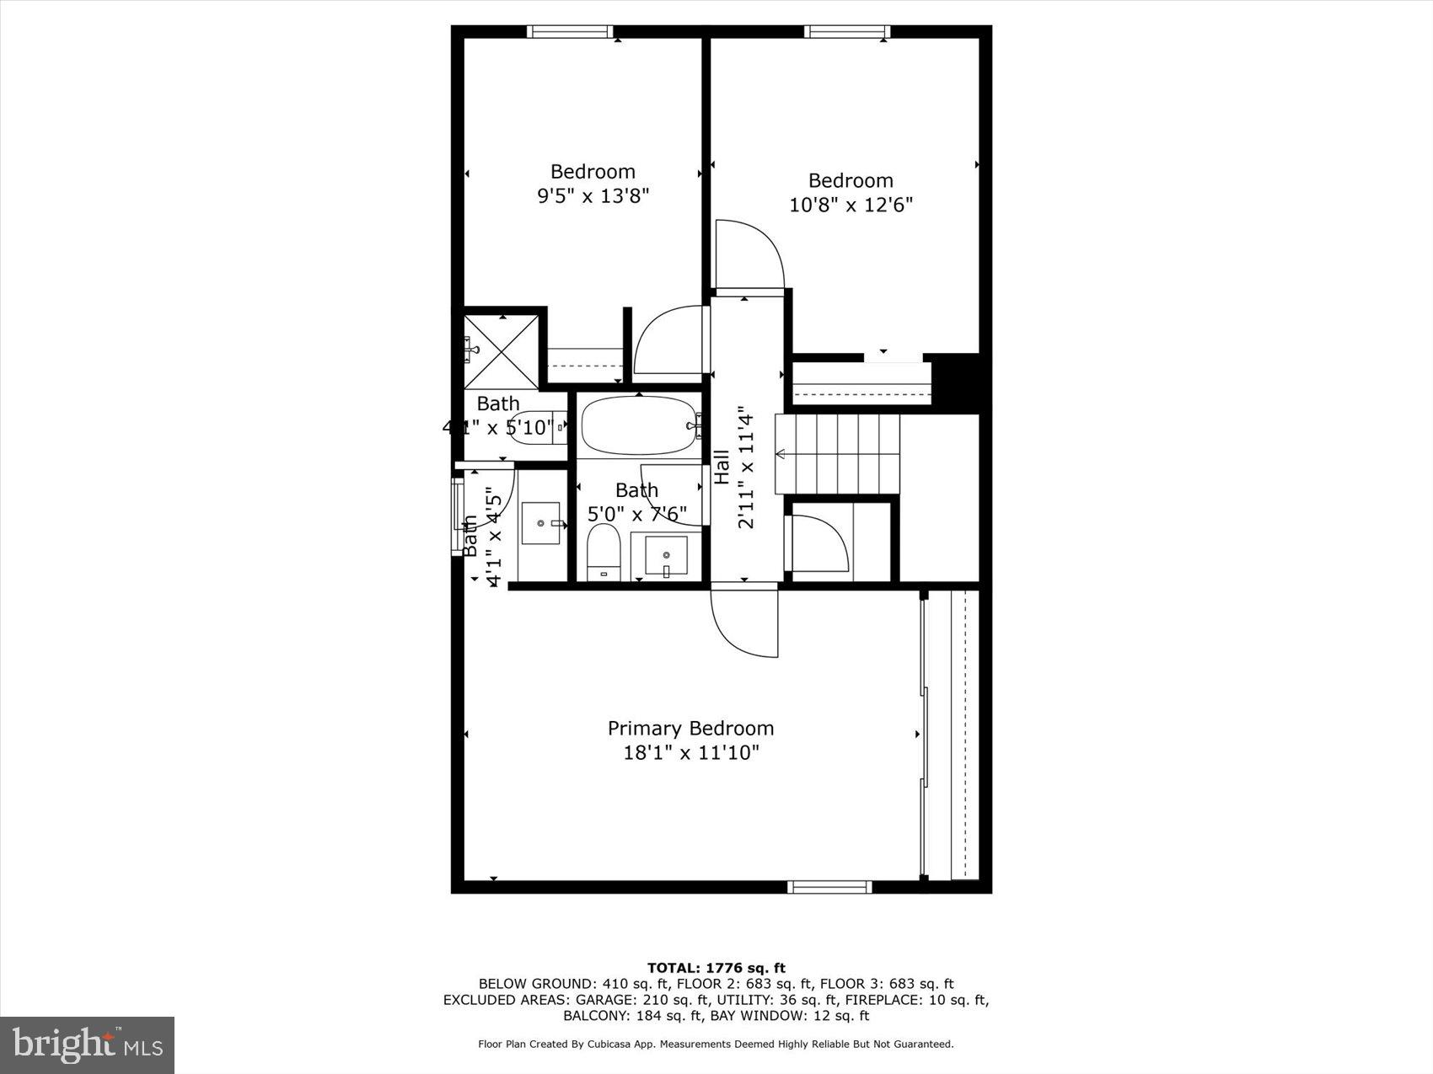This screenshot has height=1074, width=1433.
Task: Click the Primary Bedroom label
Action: pos(690,728)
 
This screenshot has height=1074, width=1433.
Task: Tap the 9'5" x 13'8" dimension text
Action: pos(593,196)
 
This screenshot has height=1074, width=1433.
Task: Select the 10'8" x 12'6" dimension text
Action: pos(851,205)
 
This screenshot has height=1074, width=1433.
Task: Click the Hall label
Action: pos(722,468)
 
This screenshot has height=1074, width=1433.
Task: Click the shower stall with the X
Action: pos(502,350)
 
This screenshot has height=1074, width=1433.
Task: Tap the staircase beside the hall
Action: pos(837,454)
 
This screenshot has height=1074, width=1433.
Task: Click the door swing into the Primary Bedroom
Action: pos(742,623)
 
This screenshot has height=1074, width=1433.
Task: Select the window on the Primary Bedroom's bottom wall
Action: pos(829,886)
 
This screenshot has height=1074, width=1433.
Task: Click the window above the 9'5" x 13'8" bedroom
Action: pos(571,32)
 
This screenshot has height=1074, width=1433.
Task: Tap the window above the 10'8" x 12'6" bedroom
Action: pos(847,32)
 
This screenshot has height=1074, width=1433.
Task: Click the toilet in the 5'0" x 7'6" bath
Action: pos(604,553)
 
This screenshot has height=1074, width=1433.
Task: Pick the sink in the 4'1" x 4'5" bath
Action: pos(540,524)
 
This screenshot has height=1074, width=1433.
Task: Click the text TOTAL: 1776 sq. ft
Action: pos(716,968)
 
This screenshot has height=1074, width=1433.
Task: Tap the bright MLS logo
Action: pos(88,1045)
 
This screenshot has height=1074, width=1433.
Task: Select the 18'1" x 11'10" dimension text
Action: pos(690,752)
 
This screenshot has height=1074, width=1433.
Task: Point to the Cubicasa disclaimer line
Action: pos(716,1044)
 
